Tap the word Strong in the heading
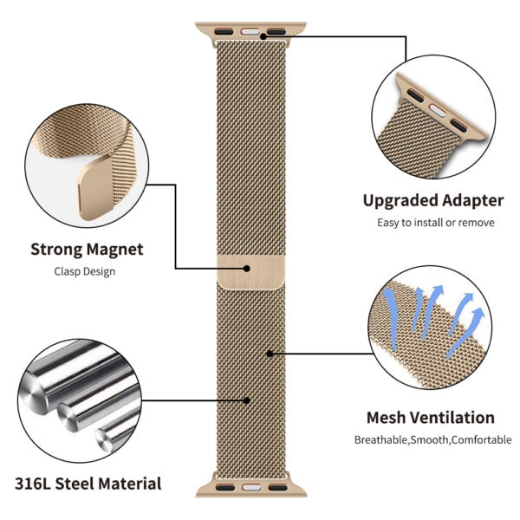[55, 250]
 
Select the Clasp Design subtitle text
[85, 271]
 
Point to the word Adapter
[473, 200]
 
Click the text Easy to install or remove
[436, 223]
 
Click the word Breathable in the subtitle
[381, 440]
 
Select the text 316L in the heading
[33, 484]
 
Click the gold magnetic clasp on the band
[251, 271]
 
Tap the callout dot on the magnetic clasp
[247, 269]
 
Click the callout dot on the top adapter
[263, 36]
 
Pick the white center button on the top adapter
[250, 32]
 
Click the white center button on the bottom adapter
[251, 488]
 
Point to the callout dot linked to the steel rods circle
[247, 400]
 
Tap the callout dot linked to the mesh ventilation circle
[270, 354]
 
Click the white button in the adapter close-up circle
[437, 110]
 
